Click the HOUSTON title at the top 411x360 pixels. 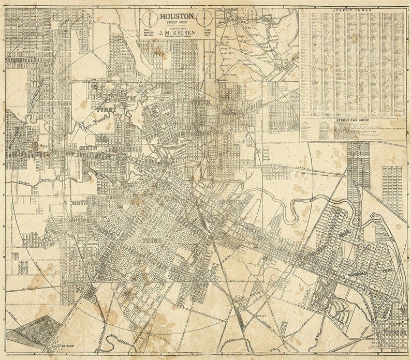pos(177,17)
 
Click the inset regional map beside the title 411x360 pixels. pos(257,44)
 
